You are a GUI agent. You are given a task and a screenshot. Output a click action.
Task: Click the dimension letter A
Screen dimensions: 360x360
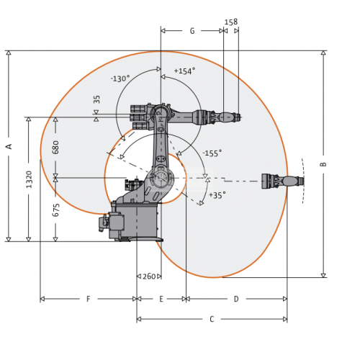pyautogui.click(x=9, y=146)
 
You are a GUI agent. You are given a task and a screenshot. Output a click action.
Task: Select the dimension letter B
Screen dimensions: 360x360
pyautogui.click(x=323, y=164)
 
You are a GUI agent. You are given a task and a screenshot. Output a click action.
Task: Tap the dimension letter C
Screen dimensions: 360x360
pyautogui.click(x=212, y=319)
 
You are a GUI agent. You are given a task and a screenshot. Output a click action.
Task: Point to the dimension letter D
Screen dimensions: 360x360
pyautogui.click(x=236, y=299)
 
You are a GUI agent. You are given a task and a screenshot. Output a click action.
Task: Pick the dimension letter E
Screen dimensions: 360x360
pyautogui.click(x=161, y=299)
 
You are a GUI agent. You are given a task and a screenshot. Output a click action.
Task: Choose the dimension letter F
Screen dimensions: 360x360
pyautogui.click(x=89, y=299)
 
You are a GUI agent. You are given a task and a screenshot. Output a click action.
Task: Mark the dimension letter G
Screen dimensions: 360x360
pyautogui.click(x=192, y=31)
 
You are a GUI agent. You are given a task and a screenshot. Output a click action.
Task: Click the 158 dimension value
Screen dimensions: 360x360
pyautogui.click(x=231, y=22)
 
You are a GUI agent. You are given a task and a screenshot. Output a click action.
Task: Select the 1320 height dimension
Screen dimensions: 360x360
pyautogui.click(x=29, y=179)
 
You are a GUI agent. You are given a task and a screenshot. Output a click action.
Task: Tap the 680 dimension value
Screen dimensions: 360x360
pyautogui.click(x=55, y=148)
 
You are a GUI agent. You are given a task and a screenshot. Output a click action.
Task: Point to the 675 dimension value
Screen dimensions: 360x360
pyautogui.click(x=55, y=210)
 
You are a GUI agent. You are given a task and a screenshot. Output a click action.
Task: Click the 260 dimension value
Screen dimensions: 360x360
pyautogui.click(x=149, y=276)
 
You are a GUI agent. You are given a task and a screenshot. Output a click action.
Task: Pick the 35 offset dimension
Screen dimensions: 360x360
pyautogui.click(x=96, y=99)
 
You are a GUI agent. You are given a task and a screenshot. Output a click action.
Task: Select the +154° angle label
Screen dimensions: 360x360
pyautogui.click(x=184, y=71)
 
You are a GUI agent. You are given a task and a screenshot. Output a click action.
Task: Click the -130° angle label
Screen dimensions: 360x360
pyautogui.click(x=120, y=78)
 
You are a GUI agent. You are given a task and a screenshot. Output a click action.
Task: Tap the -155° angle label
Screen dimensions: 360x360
pyautogui.click(x=212, y=153)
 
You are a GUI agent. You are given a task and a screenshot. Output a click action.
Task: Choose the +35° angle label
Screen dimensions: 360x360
pyautogui.click(x=217, y=195)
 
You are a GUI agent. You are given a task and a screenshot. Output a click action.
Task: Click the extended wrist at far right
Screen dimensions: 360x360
pyautogui.click(x=283, y=181)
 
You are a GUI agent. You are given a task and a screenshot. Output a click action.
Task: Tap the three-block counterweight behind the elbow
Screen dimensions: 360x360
pyautogui.click(x=139, y=117)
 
